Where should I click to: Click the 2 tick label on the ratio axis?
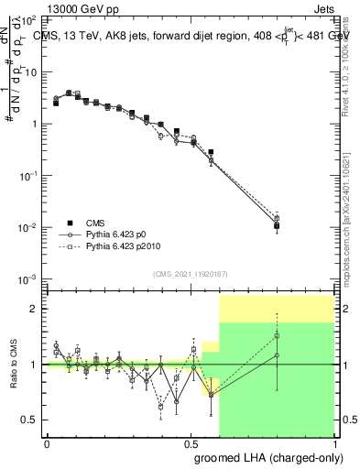point(35,309)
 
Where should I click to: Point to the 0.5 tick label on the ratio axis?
point(30,420)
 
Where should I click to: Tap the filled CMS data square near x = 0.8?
point(277,225)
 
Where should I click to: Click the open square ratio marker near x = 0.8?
point(277,335)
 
